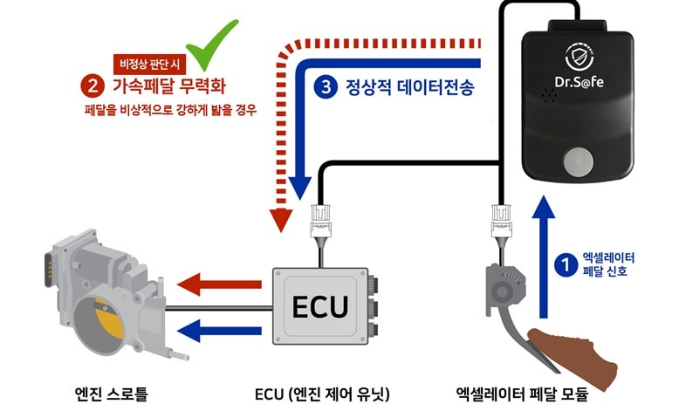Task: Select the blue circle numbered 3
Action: (325, 86)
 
